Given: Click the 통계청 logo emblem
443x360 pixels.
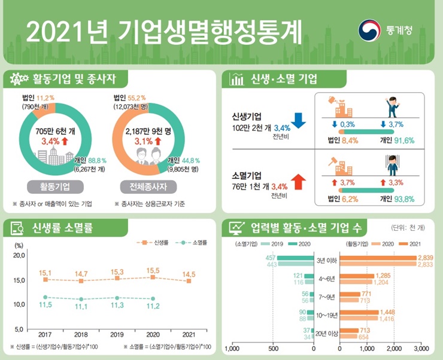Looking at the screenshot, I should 369,30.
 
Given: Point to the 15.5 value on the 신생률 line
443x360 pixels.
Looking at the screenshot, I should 152,270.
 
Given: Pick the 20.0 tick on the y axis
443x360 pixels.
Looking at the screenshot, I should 19,255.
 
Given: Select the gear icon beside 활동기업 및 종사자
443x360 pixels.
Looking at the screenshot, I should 16,78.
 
